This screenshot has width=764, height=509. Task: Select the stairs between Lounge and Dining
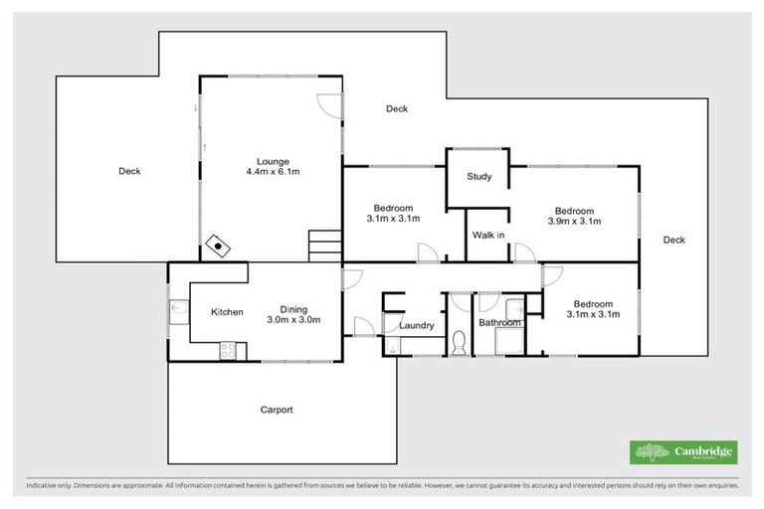tap(324, 246)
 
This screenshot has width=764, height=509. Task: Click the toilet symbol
tap(459, 344)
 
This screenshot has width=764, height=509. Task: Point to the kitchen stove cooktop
tap(227, 350)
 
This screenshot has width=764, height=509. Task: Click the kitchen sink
tap(177, 311)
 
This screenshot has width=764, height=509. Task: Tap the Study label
tap(479, 177)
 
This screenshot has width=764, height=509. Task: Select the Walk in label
tap(487, 236)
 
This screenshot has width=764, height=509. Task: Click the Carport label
tap(277, 410)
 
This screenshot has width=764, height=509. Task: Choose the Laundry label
tap(415, 325)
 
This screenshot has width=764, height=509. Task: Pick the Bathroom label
tap(499, 323)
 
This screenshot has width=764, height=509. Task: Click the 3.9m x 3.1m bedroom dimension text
tap(574, 222)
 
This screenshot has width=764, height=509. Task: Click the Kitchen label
tap(227, 312)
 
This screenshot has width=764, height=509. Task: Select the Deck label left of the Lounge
tap(129, 171)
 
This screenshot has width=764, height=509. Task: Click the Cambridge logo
tap(683, 452)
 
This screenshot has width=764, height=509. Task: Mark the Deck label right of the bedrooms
tap(673, 240)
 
